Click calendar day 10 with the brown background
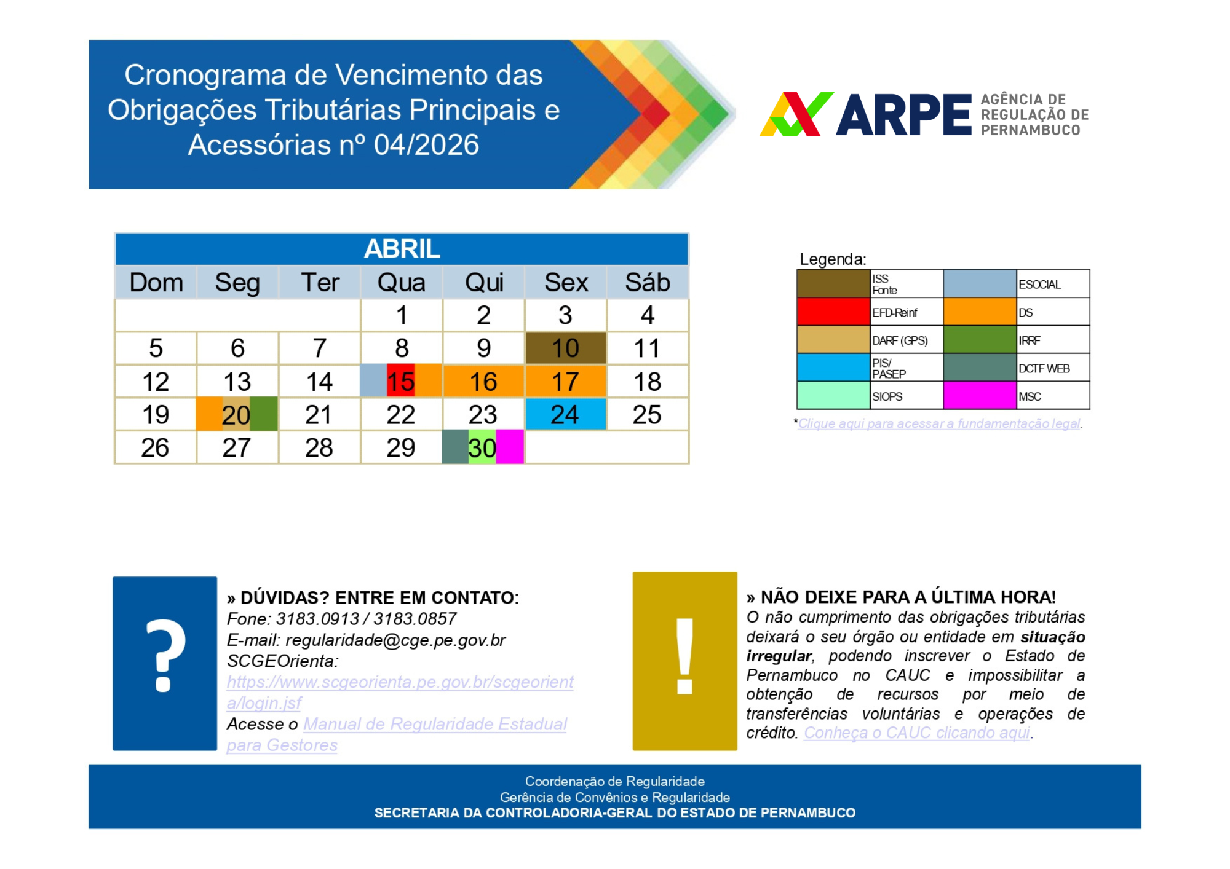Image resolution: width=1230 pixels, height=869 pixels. (565, 348)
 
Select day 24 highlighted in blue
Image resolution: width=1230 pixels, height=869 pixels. (565, 414)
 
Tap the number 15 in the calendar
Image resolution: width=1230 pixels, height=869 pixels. (400, 382)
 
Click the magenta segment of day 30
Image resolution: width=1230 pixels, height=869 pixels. (510, 447)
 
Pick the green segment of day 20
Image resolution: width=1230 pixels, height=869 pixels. (264, 414)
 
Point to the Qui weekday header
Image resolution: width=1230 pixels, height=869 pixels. (484, 283)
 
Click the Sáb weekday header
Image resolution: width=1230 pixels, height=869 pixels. (647, 283)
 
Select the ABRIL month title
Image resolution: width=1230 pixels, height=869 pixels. (402, 249)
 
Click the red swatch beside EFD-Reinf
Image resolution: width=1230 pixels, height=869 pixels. (833, 312)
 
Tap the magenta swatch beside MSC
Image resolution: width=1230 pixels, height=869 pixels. (979, 396)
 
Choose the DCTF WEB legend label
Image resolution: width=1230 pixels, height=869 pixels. (1044, 369)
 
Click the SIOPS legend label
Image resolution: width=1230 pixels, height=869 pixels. (887, 396)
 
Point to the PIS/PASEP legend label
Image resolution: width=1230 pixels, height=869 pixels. (888, 368)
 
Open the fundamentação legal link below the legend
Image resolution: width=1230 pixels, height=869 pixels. (939, 423)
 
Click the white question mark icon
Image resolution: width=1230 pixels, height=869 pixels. (165, 656)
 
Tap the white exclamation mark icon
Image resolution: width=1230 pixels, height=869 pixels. (684, 656)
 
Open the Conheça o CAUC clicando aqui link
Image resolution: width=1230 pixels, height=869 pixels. (916, 733)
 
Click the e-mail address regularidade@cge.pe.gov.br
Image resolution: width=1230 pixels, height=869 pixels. (395, 640)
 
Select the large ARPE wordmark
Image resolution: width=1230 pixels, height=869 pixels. (903, 115)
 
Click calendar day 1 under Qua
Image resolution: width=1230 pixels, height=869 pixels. (402, 316)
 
